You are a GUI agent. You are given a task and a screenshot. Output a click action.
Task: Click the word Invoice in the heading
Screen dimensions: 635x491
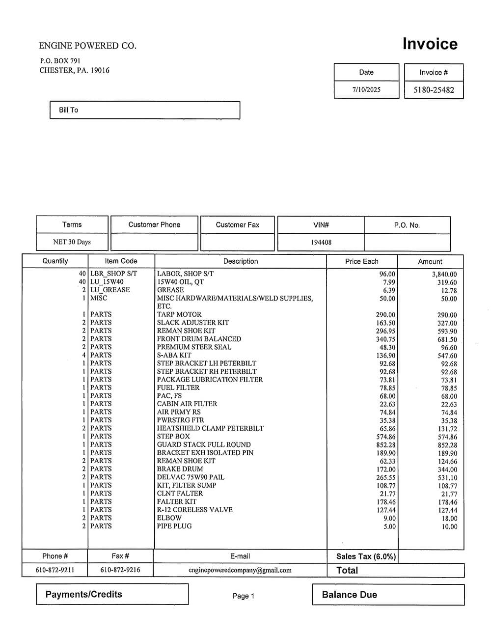pyautogui.click(x=430, y=44)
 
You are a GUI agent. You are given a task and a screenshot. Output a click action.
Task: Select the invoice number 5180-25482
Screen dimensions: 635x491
pyautogui.click(x=434, y=90)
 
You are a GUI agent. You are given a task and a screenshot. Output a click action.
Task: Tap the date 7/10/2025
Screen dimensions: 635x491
pyautogui.click(x=366, y=90)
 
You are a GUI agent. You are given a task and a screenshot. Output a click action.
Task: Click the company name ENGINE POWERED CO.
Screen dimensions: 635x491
pyautogui.click(x=87, y=46)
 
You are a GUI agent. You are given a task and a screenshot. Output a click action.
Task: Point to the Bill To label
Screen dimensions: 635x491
pyautogui.click(x=68, y=110)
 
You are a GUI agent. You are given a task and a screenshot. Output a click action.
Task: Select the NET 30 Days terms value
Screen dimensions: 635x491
pyautogui.click(x=72, y=242)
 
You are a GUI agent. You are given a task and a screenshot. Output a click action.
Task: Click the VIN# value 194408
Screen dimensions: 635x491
pyautogui.click(x=321, y=242)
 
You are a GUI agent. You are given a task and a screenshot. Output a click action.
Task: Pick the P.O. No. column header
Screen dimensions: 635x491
pyautogui.click(x=407, y=225)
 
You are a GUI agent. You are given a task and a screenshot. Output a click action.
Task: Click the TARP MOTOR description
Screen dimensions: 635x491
pyautogui.click(x=179, y=314)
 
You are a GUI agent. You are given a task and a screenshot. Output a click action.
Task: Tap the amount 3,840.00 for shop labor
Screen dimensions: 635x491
pyautogui.click(x=444, y=275)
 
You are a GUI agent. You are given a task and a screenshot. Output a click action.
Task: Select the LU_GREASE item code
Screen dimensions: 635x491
pyautogui.click(x=110, y=290)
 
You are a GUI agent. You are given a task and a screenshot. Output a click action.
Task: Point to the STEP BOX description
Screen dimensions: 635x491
pyautogui.click(x=173, y=436)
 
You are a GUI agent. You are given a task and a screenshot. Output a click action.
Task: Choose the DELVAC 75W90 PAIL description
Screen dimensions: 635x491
pyautogui.click(x=191, y=477)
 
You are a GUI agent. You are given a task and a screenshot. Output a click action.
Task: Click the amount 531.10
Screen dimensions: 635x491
pyautogui.click(x=447, y=478)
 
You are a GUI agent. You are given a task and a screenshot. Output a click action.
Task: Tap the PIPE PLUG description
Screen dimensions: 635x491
pyautogui.click(x=174, y=526)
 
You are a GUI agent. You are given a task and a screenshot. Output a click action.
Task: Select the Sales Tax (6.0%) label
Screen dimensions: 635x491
pyautogui.click(x=366, y=556)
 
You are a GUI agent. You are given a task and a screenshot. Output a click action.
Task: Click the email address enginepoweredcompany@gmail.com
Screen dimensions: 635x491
pyautogui.click(x=240, y=570)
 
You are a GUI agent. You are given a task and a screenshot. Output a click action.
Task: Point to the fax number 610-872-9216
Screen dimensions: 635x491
pyautogui.click(x=120, y=570)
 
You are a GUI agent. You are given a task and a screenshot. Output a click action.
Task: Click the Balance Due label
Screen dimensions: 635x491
pyautogui.click(x=349, y=595)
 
